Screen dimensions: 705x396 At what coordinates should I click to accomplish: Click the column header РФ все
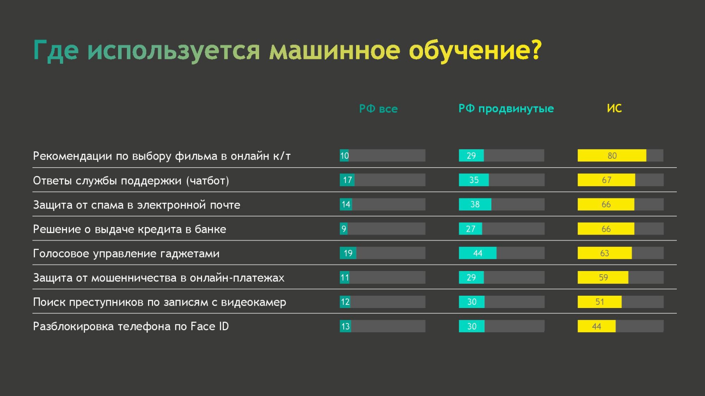(x=378, y=109)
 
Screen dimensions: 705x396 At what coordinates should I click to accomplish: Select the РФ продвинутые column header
(x=506, y=109)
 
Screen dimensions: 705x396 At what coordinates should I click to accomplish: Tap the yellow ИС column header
(x=614, y=108)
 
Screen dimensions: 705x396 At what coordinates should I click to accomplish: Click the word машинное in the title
(x=334, y=50)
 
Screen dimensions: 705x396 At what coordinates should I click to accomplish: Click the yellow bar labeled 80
(x=612, y=156)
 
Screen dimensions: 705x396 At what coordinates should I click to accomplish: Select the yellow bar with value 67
(x=606, y=180)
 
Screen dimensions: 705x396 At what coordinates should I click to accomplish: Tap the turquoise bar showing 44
(x=478, y=253)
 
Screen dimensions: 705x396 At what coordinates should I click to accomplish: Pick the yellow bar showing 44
(x=597, y=326)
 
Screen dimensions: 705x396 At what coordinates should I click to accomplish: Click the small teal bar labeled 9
(x=343, y=229)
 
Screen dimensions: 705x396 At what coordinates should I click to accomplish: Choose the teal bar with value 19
(x=348, y=253)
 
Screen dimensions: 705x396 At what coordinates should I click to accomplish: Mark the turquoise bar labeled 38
(x=475, y=204)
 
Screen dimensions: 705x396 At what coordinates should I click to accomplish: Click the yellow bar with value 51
(x=600, y=302)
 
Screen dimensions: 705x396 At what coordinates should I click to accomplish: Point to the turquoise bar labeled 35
(x=474, y=180)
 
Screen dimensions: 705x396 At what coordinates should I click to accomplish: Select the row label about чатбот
(x=131, y=181)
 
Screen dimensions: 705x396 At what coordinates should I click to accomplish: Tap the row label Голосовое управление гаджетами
(x=126, y=253)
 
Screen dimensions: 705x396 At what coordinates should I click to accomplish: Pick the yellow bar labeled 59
(x=603, y=278)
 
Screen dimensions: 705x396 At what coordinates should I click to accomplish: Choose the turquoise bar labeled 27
(x=470, y=229)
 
